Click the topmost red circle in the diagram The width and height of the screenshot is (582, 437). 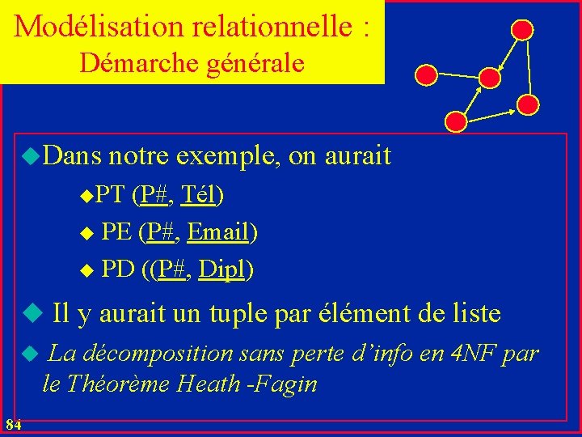pos(523,30)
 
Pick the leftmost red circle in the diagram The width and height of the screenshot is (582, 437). pos(427,75)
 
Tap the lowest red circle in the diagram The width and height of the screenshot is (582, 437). pos(456,121)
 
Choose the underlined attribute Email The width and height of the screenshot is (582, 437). pos(217,233)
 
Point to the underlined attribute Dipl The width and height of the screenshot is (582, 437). pos(221,269)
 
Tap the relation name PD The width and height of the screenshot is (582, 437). pos(118,269)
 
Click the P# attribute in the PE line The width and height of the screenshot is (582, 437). pos(161,233)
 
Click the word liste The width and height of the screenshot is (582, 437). pos(473,312)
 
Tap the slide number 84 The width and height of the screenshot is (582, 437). pos(12,424)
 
